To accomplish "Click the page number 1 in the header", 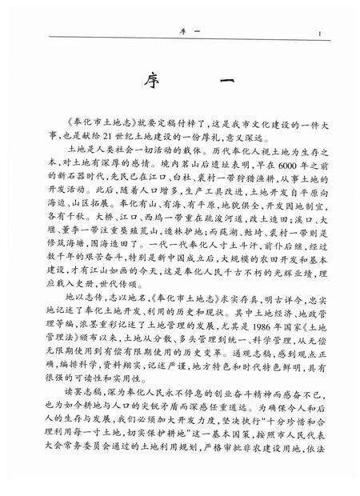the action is click(319, 34).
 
